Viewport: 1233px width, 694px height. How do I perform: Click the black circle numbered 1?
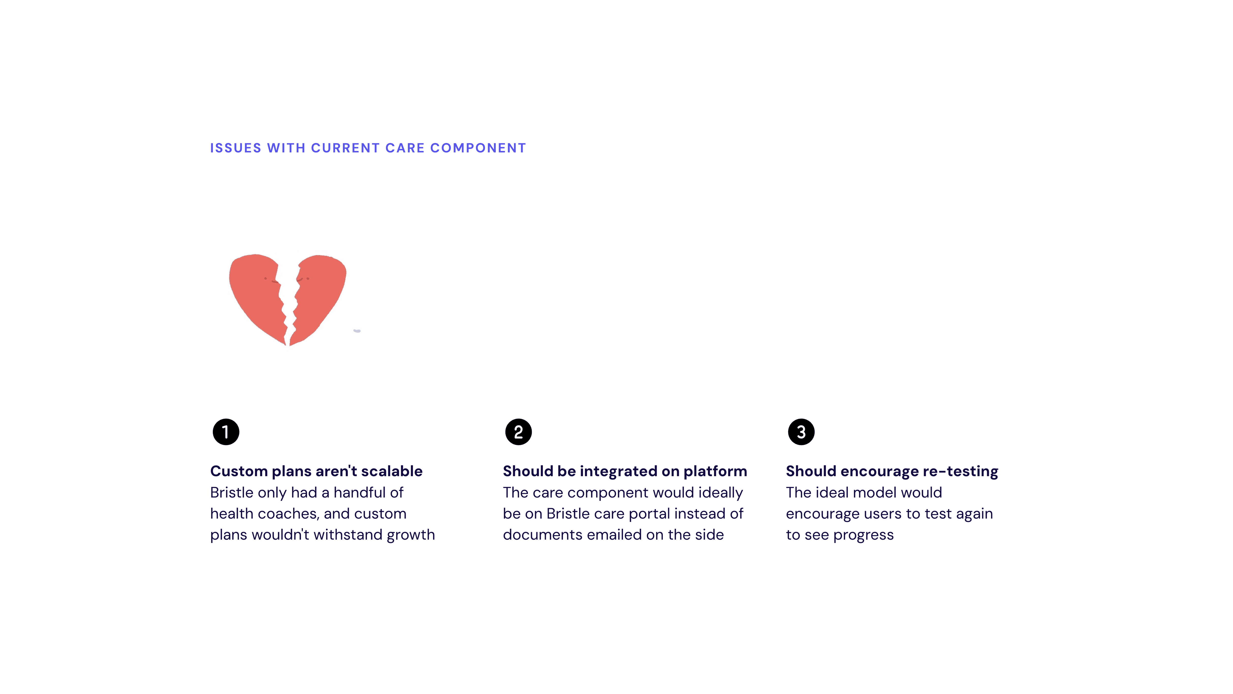click(x=226, y=432)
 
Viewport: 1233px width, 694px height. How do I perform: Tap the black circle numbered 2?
click(x=518, y=432)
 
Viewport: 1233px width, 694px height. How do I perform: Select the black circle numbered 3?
click(x=801, y=432)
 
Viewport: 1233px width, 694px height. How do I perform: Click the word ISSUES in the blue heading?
click(x=236, y=148)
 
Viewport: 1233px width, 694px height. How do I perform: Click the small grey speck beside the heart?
click(x=357, y=331)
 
